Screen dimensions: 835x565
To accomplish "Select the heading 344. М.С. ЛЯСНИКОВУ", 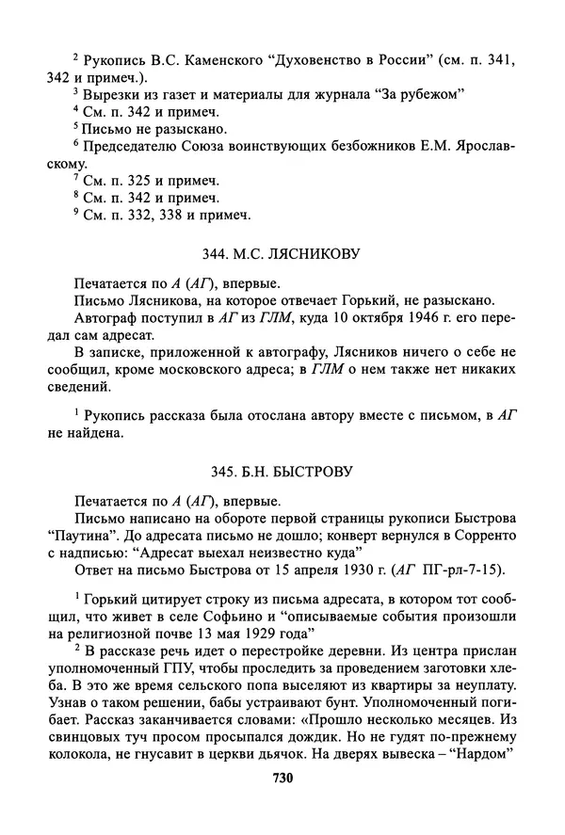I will click(x=282, y=253).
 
